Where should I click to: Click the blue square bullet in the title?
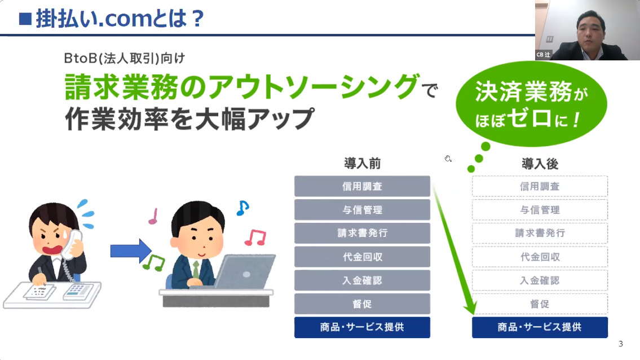coord(25,19)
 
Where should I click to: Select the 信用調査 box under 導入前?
coord(362,186)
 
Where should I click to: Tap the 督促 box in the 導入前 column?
coord(362,304)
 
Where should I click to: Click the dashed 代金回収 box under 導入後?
coord(540,257)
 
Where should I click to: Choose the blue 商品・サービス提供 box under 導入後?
coord(540,327)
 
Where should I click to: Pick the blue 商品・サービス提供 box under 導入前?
coord(362,327)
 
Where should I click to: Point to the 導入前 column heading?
coord(363,164)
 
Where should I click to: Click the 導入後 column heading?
coord(540,164)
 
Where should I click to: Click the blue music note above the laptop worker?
coord(242,208)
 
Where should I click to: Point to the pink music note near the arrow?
coord(153,216)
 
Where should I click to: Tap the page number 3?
coord(620,344)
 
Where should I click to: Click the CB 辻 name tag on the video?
coord(543,55)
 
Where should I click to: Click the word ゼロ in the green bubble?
coord(531,118)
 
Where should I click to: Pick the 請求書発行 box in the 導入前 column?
coord(362,233)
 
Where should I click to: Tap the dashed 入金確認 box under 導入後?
coord(540,280)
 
